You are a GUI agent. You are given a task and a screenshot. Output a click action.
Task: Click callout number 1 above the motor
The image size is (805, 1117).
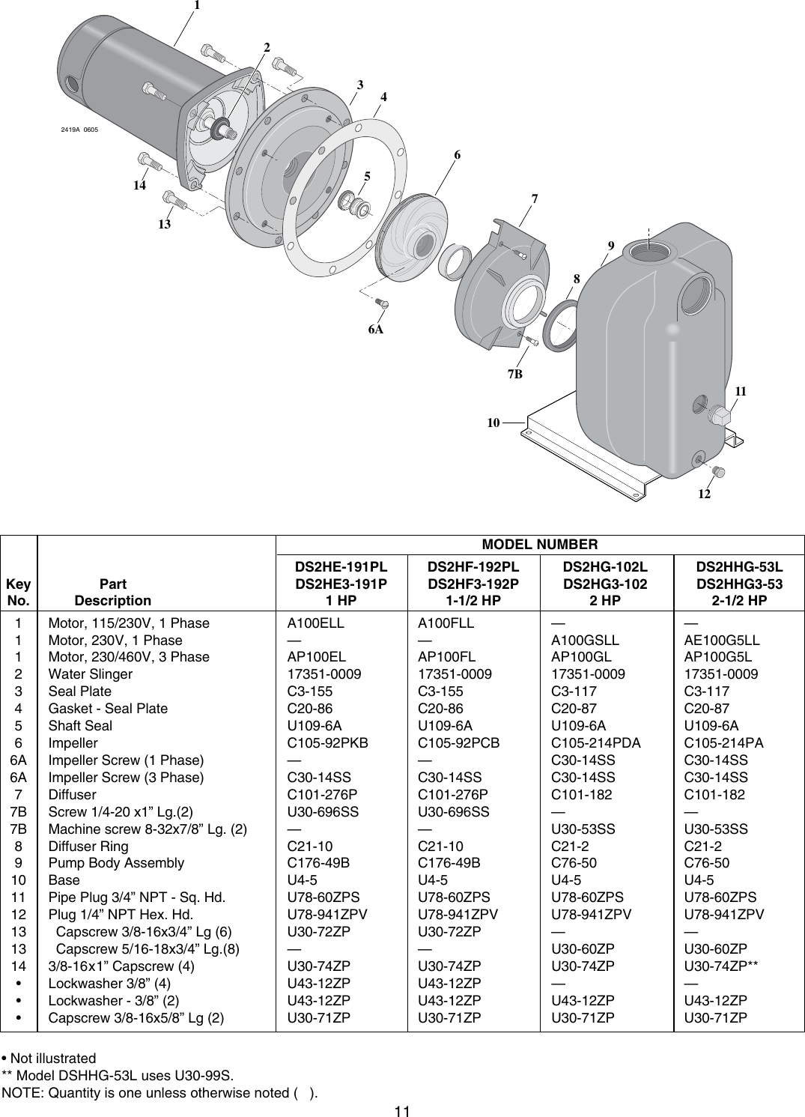coord(196,6)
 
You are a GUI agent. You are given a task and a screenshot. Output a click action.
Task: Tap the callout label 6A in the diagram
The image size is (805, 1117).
coord(375,329)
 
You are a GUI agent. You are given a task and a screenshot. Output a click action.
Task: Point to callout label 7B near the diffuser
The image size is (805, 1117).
coord(514,373)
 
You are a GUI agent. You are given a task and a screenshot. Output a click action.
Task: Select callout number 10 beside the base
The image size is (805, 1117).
coord(493,423)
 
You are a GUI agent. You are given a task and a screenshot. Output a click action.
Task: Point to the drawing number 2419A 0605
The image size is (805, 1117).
coord(79,130)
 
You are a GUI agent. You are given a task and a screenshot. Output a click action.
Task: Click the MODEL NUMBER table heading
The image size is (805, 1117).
coord(539,545)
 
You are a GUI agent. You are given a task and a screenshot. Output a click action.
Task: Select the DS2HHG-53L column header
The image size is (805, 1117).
coord(739,567)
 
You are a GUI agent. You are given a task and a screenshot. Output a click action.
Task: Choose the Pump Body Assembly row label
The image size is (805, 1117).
coord(116,863)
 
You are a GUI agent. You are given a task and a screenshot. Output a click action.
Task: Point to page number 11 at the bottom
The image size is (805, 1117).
coord(402,1110)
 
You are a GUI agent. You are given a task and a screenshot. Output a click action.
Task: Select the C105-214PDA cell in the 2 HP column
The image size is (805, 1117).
coord(595,743)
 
